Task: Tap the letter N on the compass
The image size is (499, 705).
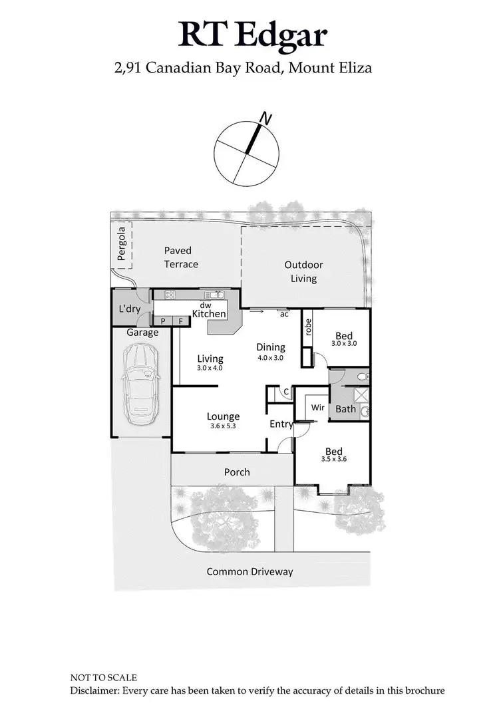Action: tap(266, 119)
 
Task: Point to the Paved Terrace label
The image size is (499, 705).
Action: tap(181, 257)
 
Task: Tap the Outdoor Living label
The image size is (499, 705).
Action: tap(303, 271)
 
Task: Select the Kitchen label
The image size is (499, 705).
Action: tap(209, 314)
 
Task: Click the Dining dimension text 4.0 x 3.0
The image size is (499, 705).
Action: tap(271, 357)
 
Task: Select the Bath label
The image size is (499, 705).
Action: tap(345, 409)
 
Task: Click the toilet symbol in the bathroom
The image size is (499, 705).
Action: tap(361, 377)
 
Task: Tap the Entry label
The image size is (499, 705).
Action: tap(281, 424)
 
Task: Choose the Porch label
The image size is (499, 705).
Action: tap(237, 472)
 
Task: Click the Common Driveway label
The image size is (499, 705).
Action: tap(249, 571)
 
